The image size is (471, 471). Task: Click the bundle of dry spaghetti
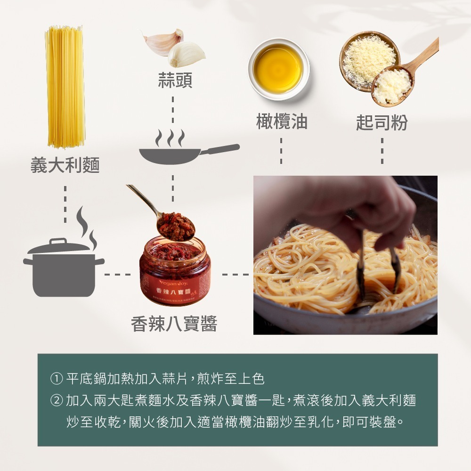65,87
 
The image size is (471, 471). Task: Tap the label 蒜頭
175,81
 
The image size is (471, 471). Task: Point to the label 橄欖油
281,122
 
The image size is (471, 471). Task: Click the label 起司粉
382,122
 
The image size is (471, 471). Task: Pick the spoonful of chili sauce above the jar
175,225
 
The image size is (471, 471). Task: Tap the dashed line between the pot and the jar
118,274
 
